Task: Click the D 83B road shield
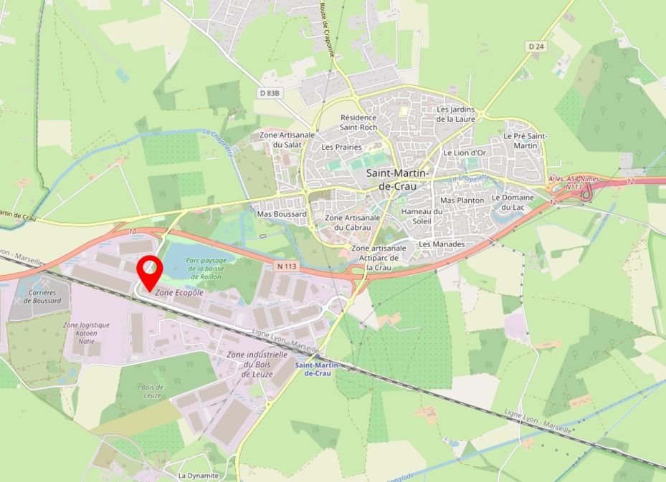pos(270,93)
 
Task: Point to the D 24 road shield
pos(536,47)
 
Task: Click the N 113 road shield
pos(285,266)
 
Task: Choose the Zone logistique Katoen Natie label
pos(86,333)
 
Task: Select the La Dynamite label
pos(198,475)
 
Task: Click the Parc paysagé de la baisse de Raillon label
pos(206,268)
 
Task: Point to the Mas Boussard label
pos(282,213)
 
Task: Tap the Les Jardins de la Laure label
pos(457,114)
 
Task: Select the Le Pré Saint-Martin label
pos(525,140)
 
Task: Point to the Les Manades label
pos(442,244)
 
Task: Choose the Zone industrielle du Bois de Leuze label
pos(257,365)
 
